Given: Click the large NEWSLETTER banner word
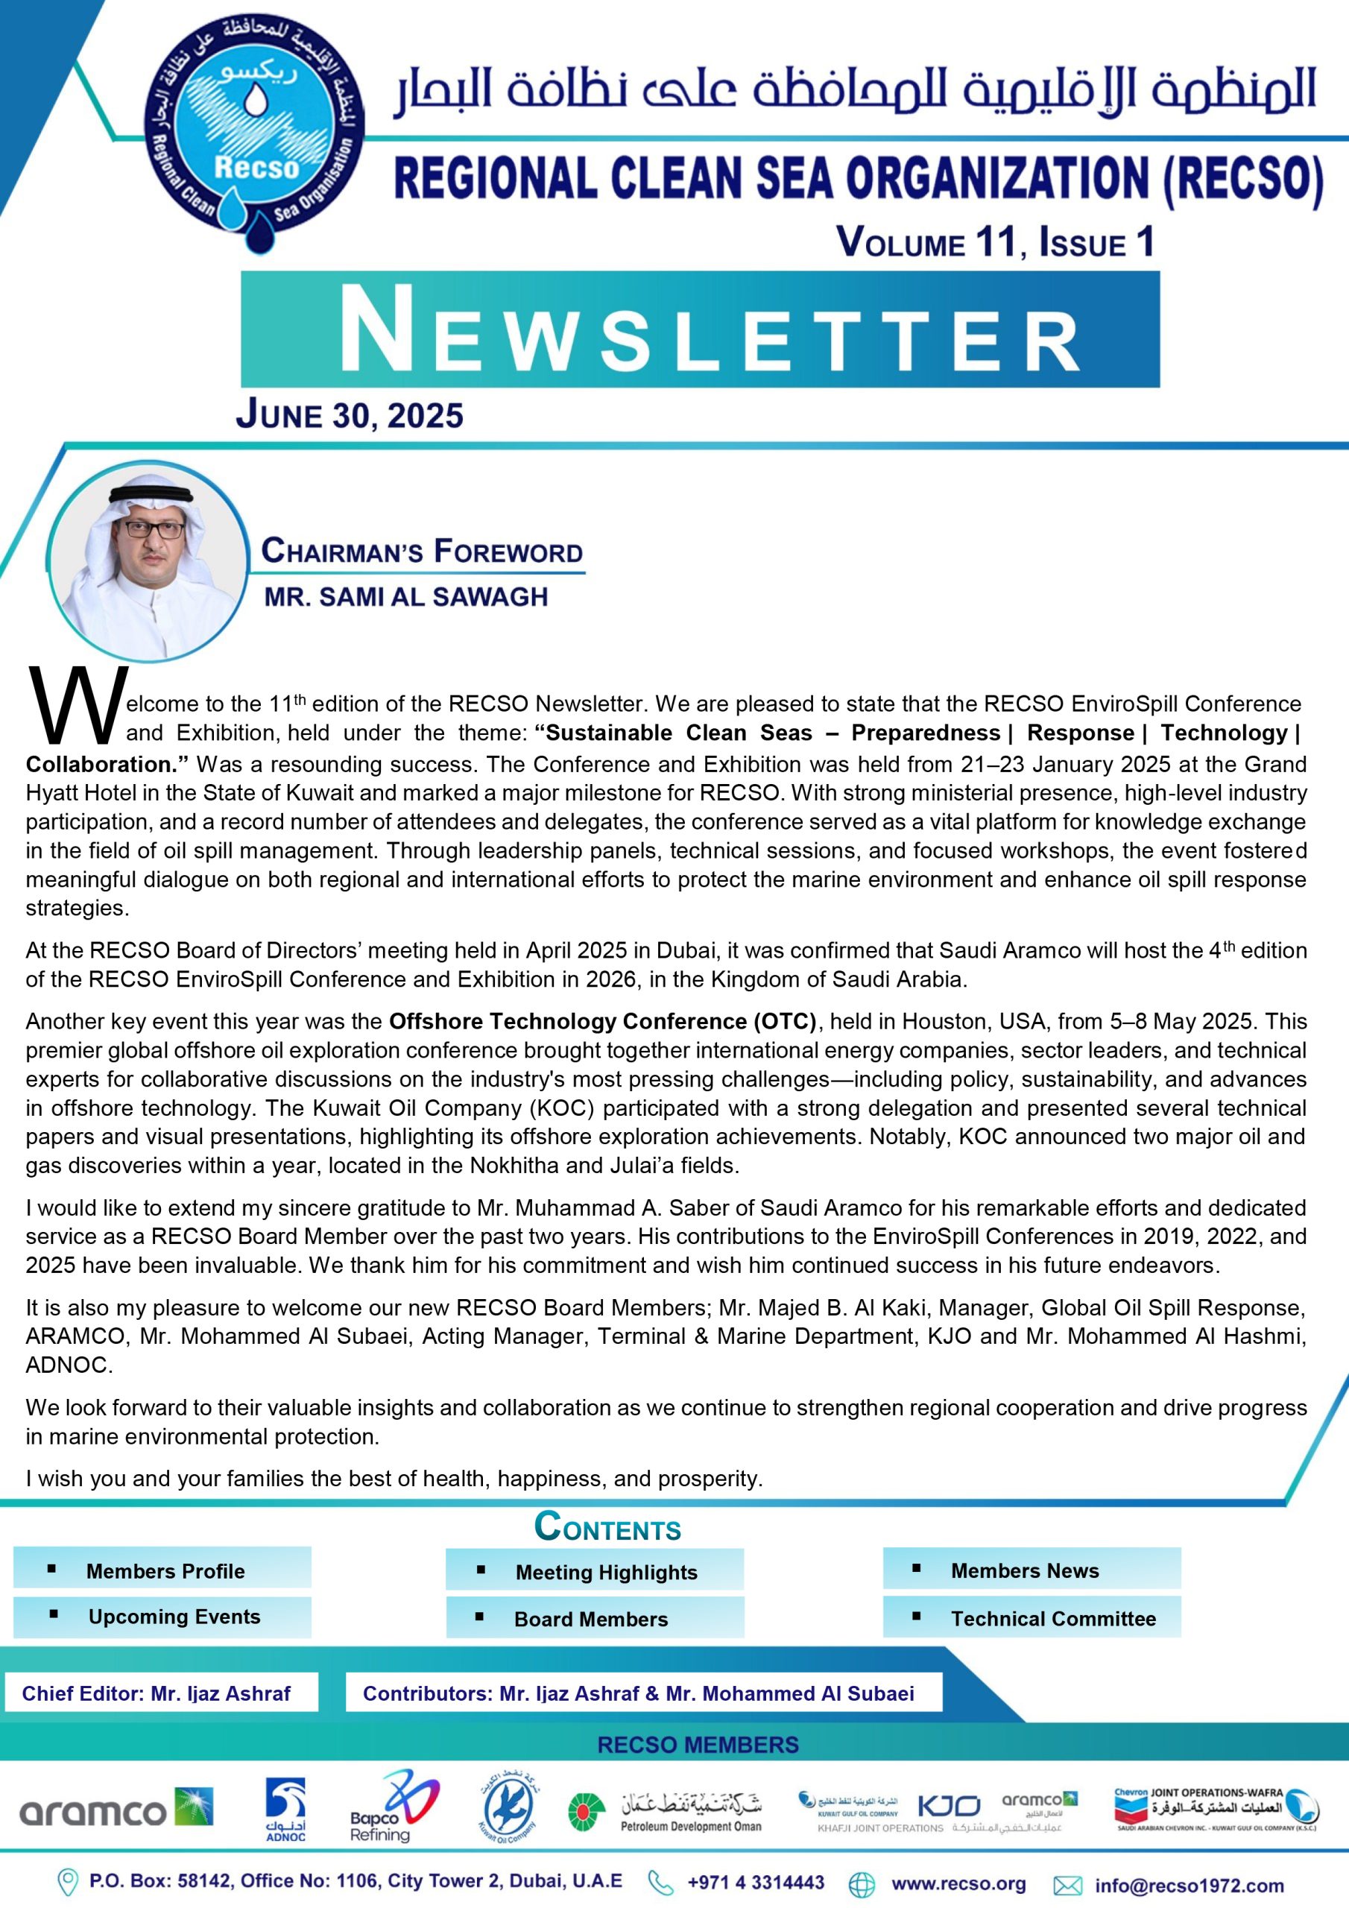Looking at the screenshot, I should coord(700,330).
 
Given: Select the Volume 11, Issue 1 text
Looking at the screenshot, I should coord(995,241).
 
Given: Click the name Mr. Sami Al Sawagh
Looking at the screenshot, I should coord(405,597).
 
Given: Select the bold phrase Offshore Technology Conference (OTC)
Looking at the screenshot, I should coord(603,1020).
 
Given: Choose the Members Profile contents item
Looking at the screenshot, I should coord(165,1570).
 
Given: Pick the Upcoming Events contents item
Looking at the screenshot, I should coord(174,1617).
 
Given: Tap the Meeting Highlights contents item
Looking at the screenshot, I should coord(605,1573).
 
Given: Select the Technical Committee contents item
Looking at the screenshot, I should coord(1052,1618).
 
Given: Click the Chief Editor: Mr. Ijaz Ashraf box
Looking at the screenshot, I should coord(157,1693).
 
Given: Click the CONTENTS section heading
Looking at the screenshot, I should coord(607,1527).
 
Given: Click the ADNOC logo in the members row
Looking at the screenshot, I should coord(285,1809).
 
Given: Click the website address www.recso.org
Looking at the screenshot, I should coord(958,1884).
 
